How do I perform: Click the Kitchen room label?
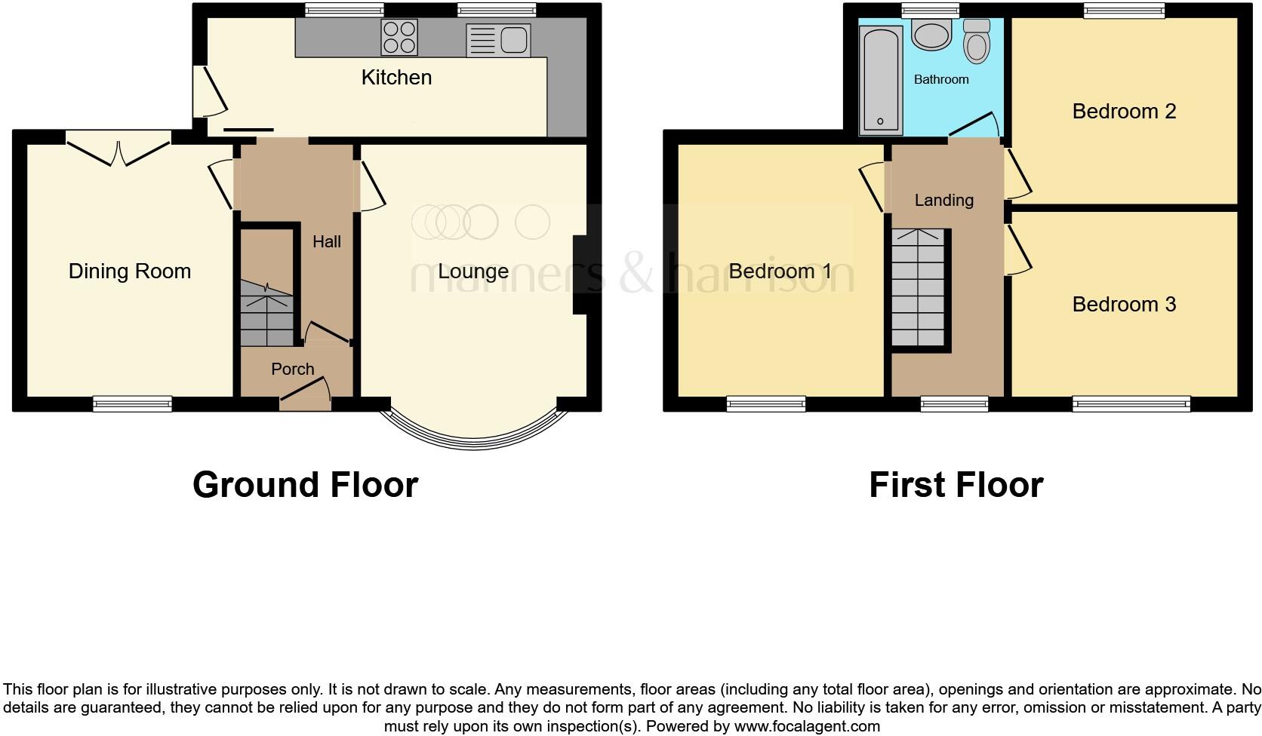396,77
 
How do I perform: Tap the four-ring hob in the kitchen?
399,38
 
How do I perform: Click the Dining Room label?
130,271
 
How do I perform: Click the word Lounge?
473,271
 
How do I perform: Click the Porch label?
292,369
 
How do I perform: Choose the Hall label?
327,241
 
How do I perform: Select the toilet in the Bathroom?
977,41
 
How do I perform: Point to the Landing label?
943,200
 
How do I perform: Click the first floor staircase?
919,288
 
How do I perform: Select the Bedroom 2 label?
1124,112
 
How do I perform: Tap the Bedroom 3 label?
1124,305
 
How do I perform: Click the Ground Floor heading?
305,485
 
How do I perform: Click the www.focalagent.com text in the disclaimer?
806,727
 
